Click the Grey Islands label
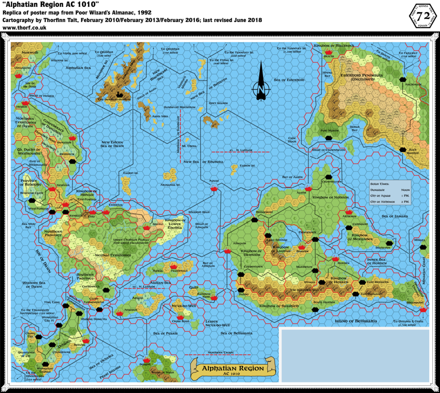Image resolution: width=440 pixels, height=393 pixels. click(217, 103)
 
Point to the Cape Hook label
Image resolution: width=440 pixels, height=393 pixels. click(292, 139)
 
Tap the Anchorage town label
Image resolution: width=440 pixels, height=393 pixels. click(412, 84)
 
